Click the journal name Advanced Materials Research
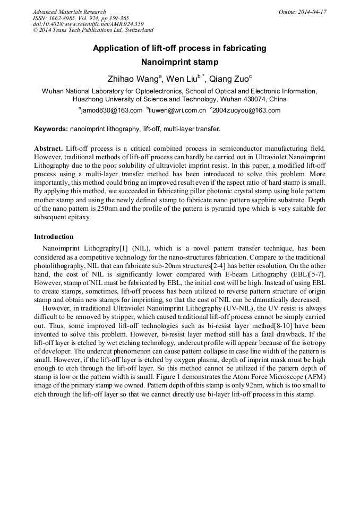(x=69, y=12)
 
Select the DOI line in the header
(x=88, y=24)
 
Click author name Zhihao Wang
(x=133, y=79)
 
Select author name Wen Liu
(x=181, y=79)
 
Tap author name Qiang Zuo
(x=228, y=79)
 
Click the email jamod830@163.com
(x=112, y=110)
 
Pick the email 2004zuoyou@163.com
(x=246, y=110)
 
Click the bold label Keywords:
(x=51, y=129)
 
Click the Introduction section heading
(x=54, y=236)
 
